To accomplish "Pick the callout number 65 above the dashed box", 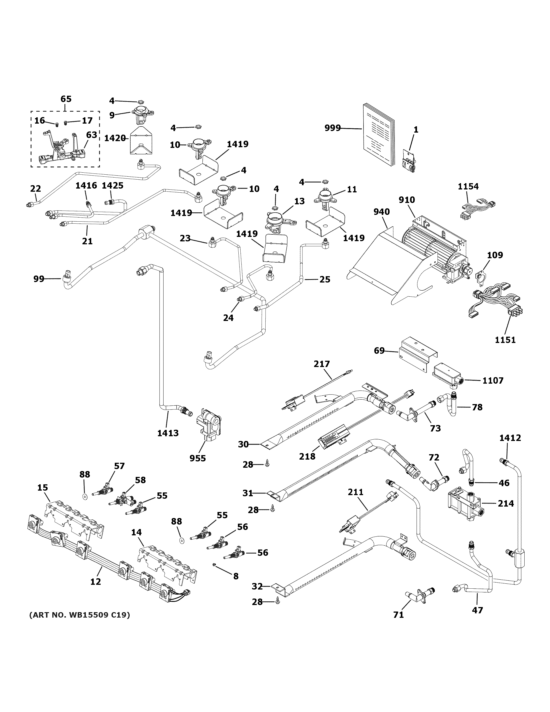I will (x=66, y=99).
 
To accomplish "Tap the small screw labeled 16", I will (x=57, y=124).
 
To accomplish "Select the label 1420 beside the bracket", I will (x=115, y=138).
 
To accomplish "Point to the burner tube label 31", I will (x=248, y=493).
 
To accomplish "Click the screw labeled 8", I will (x=214, y=564).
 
